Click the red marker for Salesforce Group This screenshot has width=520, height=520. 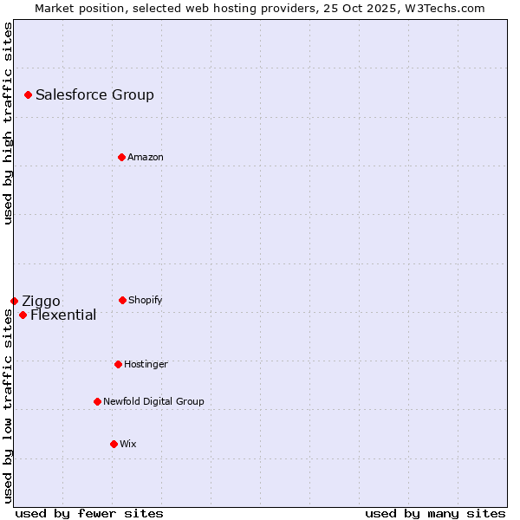(x=28, y=94)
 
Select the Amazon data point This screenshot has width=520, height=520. (x=121, y=157)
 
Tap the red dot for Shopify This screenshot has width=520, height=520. (x=122, y=300)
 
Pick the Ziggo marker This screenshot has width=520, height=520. (x=14, y=301)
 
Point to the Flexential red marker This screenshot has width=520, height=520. (x=23, y=315)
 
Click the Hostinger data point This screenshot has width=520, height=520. (x=118, y=364)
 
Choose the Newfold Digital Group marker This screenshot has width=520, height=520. (x=97, y=401)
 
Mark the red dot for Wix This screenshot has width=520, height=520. (x=114, y=444)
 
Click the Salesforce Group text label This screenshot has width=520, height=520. (x=94, y=95)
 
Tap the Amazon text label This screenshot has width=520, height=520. (x=145, y=157)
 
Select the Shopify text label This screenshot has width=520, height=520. (x=145, y=300)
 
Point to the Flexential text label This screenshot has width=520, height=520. (x=63, y=315)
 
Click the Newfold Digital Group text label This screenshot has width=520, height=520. (x=153, y=401)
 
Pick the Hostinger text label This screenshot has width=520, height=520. (x=146, y=364)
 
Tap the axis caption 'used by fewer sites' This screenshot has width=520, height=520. (x=89, y=513)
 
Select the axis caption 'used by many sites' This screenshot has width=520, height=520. (x=435, y=513)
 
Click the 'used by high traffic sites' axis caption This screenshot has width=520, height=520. (x=8, y=123)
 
